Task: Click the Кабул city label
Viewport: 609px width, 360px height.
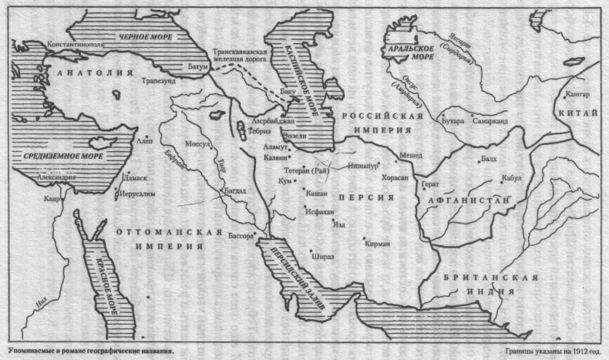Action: click(511, 177)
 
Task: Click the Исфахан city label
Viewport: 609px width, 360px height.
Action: click(318, 210)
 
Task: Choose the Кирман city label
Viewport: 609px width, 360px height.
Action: click(379, 244)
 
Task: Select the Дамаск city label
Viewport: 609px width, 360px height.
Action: click(133, 177)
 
